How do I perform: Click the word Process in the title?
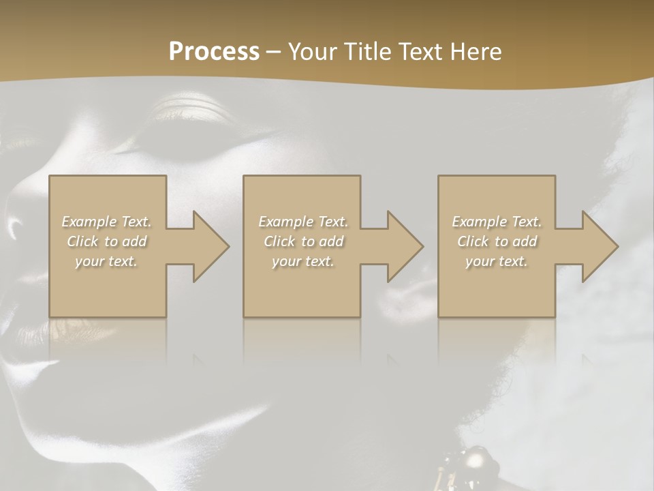click(214, 51)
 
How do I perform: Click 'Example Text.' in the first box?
click(106, 222)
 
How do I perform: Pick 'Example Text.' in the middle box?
click(303, 222)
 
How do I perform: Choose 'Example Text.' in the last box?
click(497, 222)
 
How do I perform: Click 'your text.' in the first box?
click(106, 261)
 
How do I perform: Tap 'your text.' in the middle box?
click(303, 261)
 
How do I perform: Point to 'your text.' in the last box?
click(497, 261)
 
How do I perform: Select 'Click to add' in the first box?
click(106, 241)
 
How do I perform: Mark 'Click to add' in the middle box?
click(303, 241)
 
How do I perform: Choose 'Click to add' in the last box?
click(497, 241)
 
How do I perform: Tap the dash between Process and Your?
click(273, 52)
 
